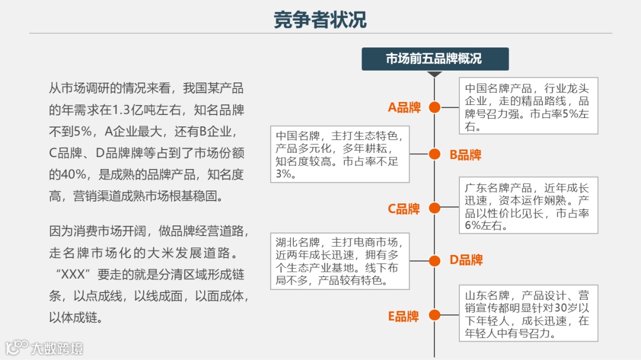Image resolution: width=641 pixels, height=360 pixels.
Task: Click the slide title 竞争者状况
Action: coord(320,20)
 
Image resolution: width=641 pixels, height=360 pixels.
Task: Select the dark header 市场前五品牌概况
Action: coord(435,59)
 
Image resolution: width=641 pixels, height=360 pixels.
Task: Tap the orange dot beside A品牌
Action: coord(434,107)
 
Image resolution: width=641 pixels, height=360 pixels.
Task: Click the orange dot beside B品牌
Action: coord(434,154)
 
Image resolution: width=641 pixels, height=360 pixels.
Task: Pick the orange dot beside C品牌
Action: coord(434,208)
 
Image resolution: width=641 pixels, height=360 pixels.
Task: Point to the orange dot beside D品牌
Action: coord(434,260)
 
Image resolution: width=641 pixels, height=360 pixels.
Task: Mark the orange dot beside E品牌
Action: coord(434,316)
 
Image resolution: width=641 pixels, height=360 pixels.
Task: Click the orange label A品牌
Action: coord(404,107)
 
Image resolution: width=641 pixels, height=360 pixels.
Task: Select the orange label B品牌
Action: coord(465,155)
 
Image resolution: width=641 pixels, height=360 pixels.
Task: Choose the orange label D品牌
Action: coord(466,260)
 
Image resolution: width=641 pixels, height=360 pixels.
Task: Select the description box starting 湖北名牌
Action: coord(340,261)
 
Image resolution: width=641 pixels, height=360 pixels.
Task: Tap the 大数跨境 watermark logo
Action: coord(45,348)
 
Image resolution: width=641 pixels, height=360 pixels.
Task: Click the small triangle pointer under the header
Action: coord(435,74)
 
